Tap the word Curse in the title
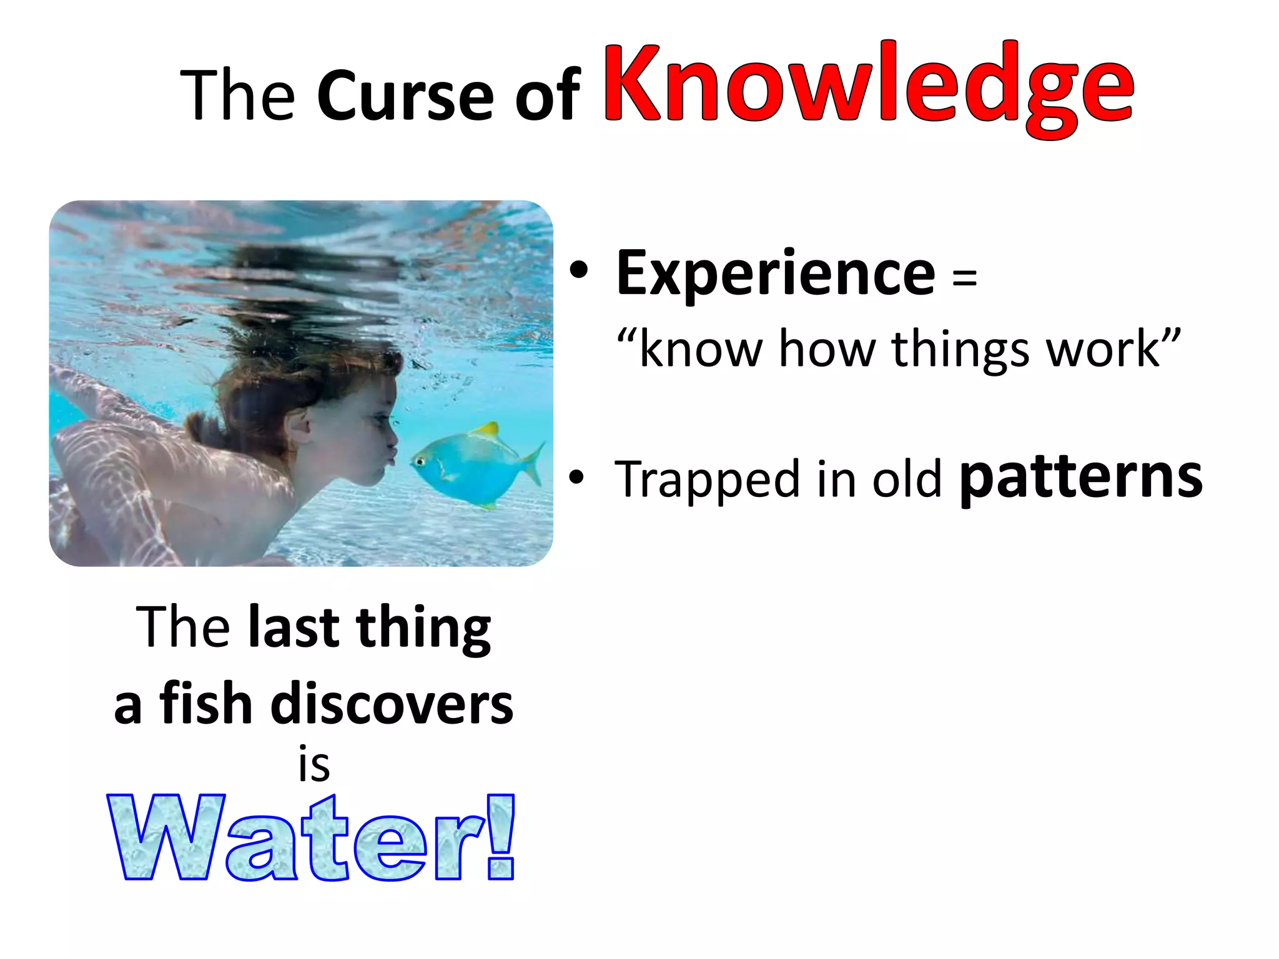click(405, 97)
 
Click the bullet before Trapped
click(577, 478)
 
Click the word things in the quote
click(959, 350)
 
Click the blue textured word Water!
click(312, 838)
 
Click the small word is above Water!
click(314, 765)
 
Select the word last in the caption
click(293, 627)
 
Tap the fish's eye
click(420, 462)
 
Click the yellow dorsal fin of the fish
click(486, 430)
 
